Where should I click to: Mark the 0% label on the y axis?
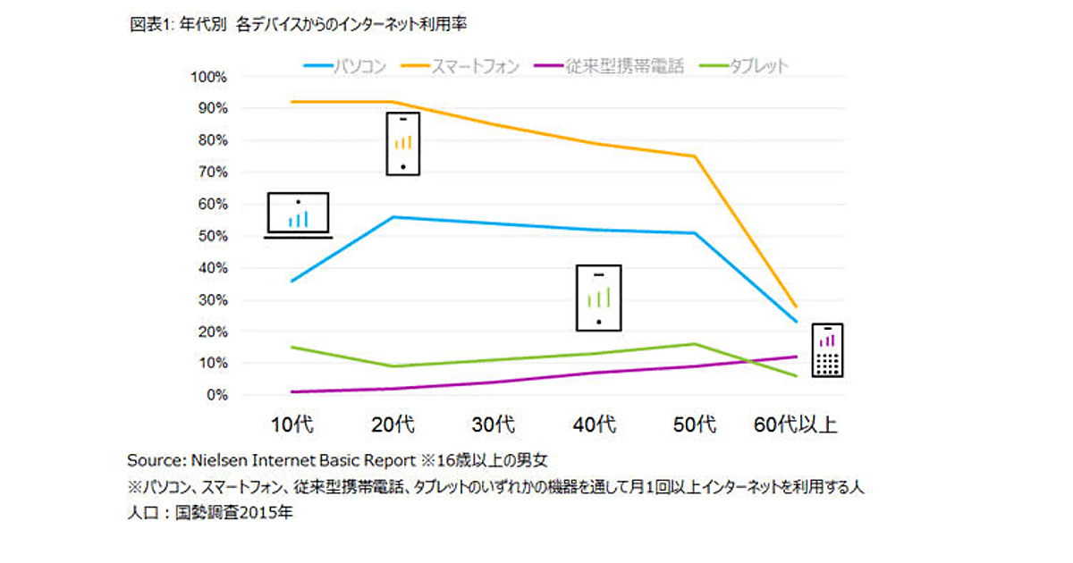tap(217, 395)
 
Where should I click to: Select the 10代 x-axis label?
tap(292, 424)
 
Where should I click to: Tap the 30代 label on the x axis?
tap(494, 424)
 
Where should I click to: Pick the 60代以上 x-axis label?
tap(794, 424)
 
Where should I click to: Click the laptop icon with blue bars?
tap(299, 215)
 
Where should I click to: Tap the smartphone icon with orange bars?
tap(402, 143)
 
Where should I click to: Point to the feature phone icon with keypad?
tap(828, 349)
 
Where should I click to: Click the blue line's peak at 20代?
tap(393, 217)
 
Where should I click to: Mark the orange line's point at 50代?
tap(694, 156)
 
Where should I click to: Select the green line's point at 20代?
tap(393, 366)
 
